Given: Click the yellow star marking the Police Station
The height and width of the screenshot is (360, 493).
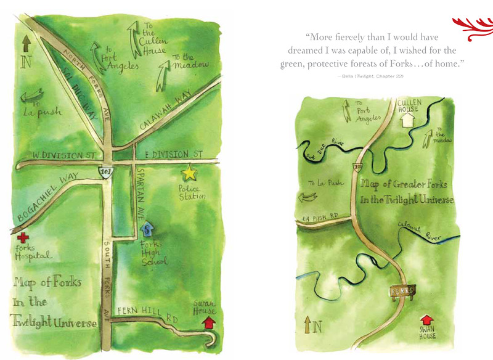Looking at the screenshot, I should point(189,173).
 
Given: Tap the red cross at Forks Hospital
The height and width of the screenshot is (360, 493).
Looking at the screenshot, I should point(23,237).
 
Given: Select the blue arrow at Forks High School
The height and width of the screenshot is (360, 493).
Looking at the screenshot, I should point(147,229).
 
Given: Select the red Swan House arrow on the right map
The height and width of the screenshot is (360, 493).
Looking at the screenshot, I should point(426,321).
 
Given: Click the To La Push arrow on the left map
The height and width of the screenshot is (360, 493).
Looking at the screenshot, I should point(31,97).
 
